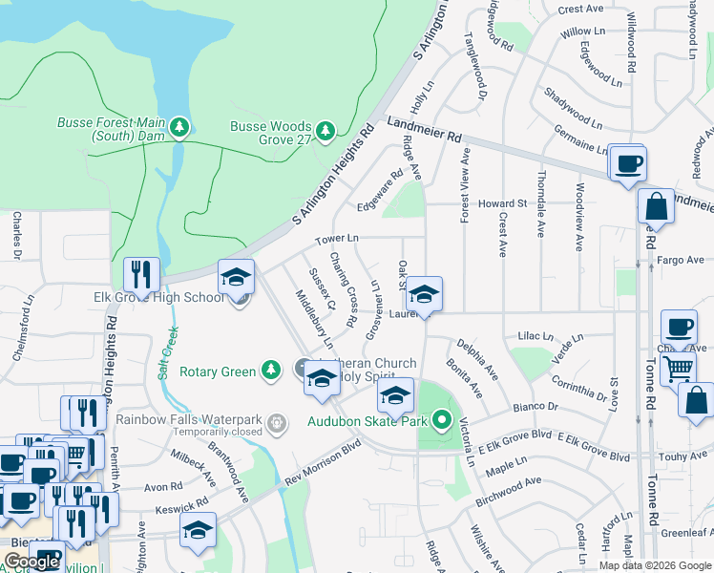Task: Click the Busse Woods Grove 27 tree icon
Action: click(326, 129)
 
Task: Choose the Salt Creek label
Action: click(168, 354)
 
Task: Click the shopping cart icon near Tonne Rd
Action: click(678, 366)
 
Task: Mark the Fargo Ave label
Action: click(681, 259)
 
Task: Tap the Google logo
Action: click(31, 562)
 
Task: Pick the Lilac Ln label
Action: click(535, 337)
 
